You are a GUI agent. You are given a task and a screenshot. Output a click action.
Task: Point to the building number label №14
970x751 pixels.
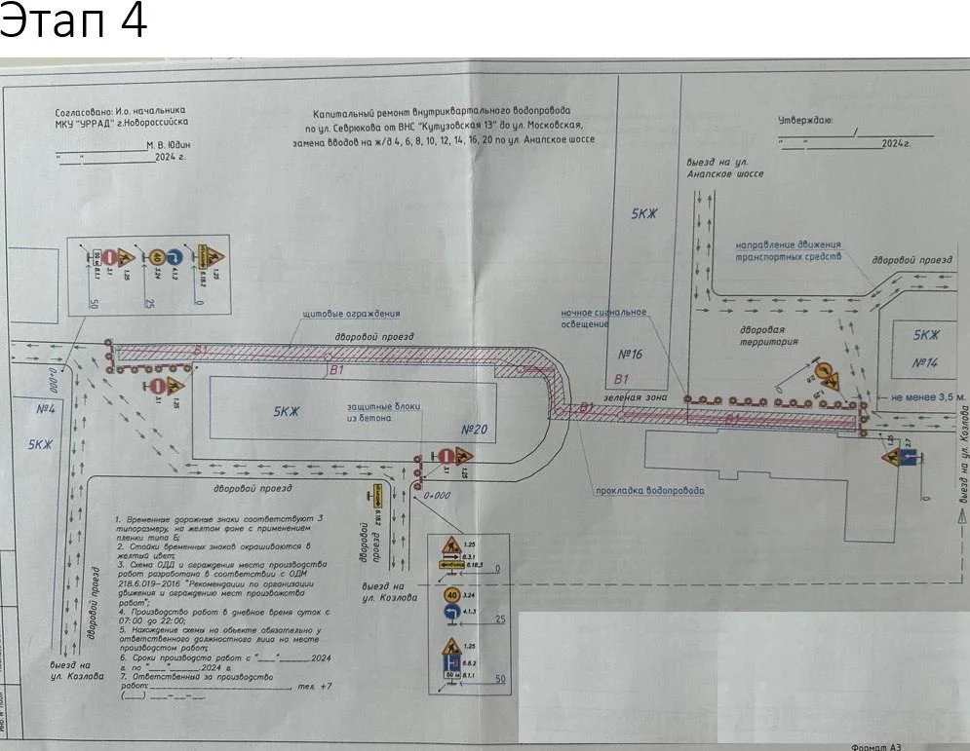click(x=925, y=362)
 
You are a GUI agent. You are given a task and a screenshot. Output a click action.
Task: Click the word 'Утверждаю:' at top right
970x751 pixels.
click(x=804, y=121)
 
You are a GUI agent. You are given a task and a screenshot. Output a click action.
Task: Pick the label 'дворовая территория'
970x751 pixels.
click(x=769, y=336)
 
